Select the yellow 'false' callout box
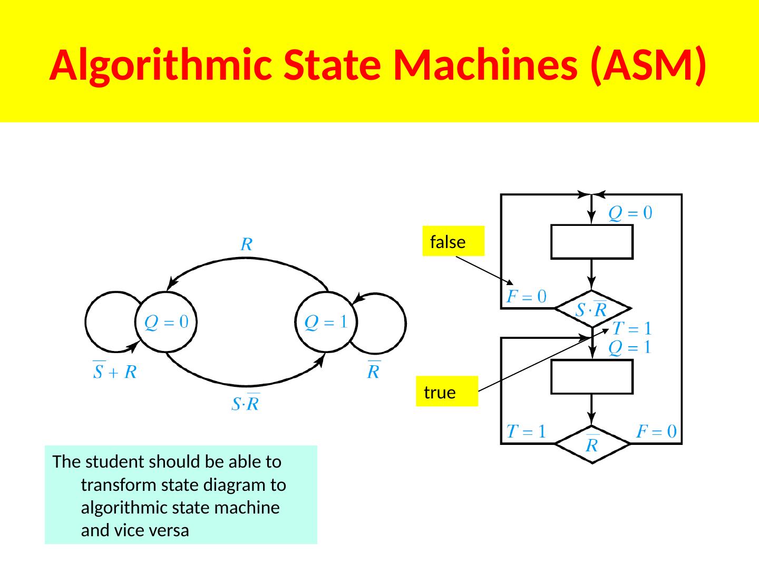click(x=453, y=241)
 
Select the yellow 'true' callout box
click(x=446, y=392)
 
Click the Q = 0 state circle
click(x=167, y=322)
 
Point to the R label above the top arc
click(x=247, y=245)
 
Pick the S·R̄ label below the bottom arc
click(x=246, y=403)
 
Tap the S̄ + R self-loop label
click(x=115, y=371)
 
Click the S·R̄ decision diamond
click(x=592, y=309)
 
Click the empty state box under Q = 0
click(x=592, y=242)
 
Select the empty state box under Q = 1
click(x=592, y=377)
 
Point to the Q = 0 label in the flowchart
click(x=630, y=213)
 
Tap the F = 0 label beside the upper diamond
click(x=526, y=297)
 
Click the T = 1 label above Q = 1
click(x=632, y=329)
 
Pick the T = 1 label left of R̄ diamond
click(x=526, y=432)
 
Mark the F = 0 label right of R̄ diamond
click(x=656, y=432)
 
